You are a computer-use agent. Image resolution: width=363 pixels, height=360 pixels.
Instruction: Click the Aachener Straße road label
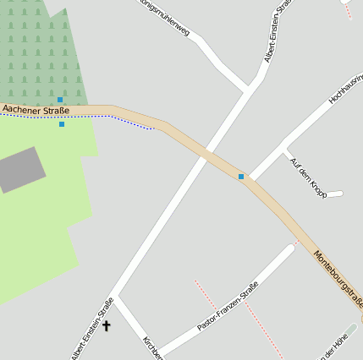[36, 109]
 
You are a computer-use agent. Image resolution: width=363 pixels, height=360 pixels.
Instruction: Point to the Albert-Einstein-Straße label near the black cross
[93, 330]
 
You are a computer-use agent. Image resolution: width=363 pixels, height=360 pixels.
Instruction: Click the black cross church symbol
[107, 325]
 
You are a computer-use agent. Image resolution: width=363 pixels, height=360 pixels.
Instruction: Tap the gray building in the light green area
[21, 169]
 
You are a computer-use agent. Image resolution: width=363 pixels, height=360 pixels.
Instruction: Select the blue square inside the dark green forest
[60, 100]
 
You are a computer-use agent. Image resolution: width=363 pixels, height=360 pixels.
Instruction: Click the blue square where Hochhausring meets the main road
[241, 177]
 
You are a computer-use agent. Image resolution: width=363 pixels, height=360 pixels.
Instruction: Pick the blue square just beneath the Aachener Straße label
[62, 124]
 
